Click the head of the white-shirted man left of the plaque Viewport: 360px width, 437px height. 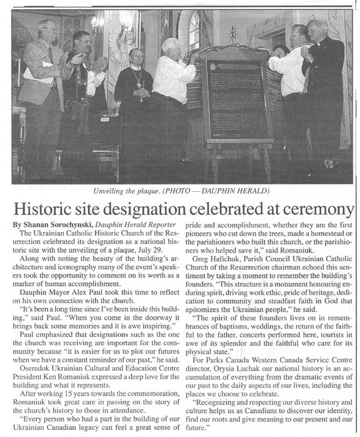(x=172, y=48)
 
